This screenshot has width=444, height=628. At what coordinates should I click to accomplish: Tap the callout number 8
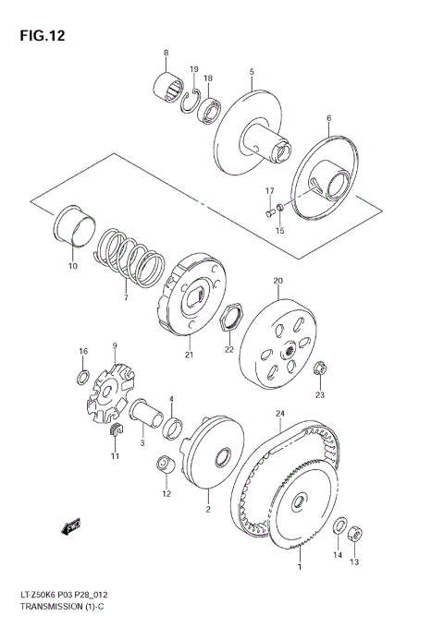click(166, 52)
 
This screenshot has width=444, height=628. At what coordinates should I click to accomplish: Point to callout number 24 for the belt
click(280, 413)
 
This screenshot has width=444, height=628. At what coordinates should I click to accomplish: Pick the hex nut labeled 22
click(231, 319)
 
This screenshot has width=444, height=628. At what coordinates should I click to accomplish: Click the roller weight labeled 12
click(165, 467)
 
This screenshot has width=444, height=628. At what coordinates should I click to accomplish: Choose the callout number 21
click(188, 355)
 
